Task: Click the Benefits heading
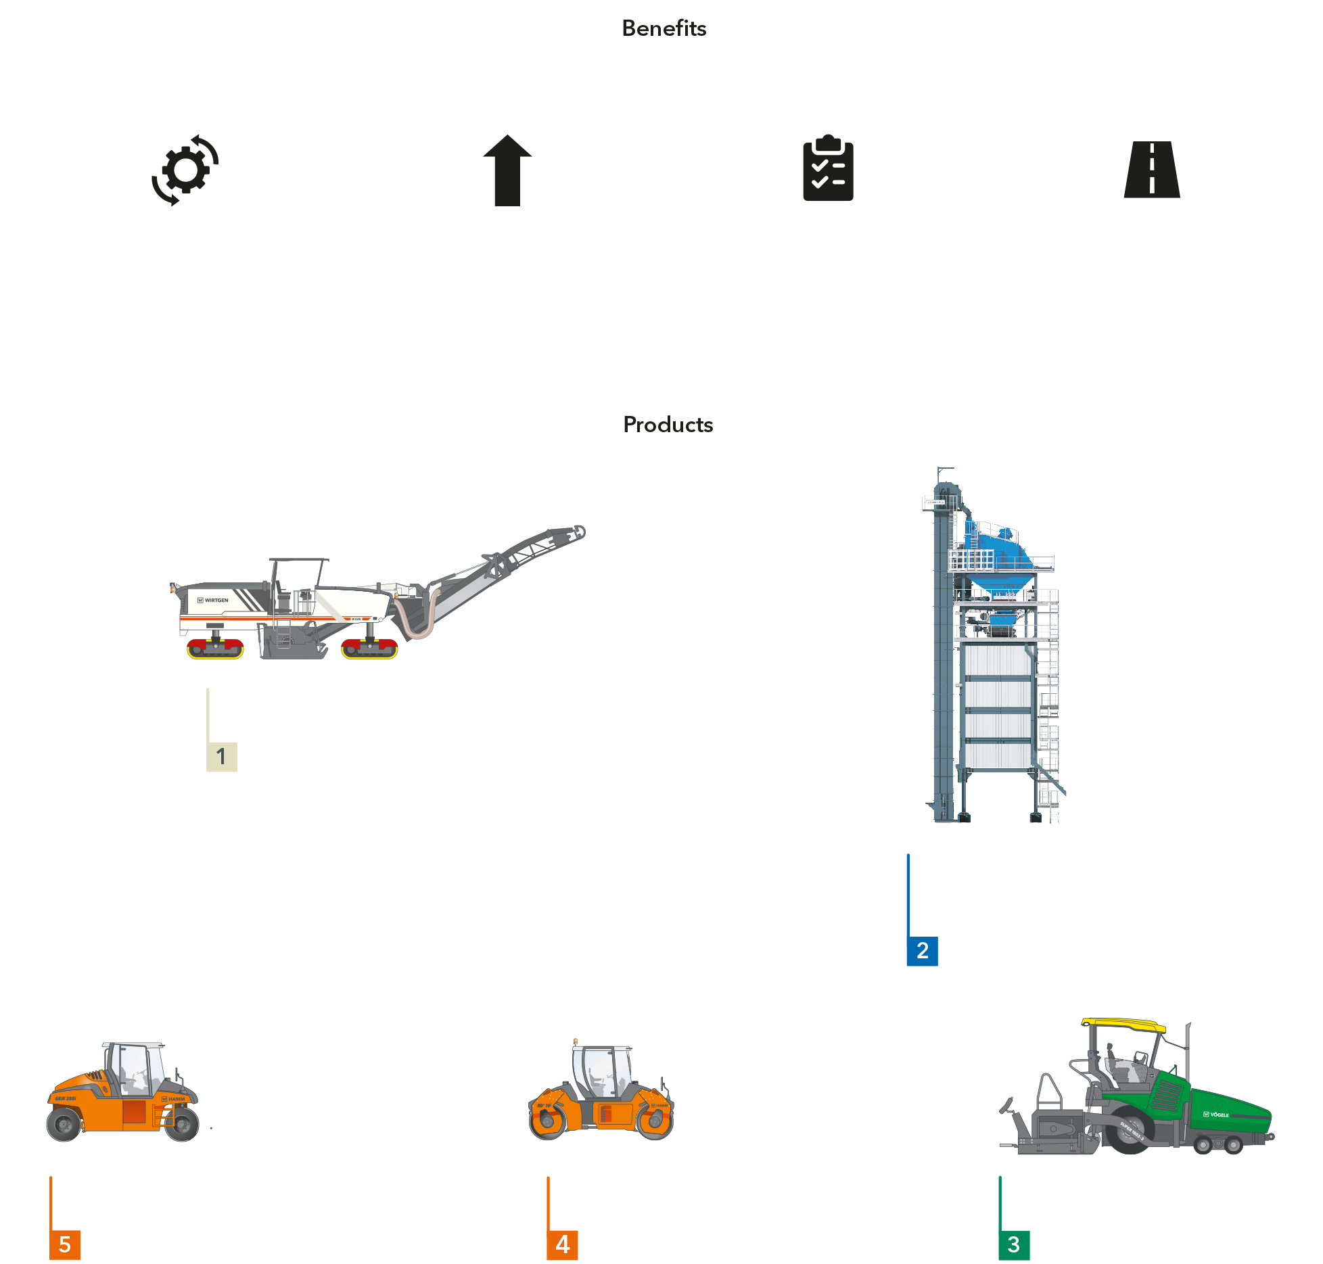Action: [x=664, y=28]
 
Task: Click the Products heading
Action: [x=668, y=425]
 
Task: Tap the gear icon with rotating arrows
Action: [x=185, y=170]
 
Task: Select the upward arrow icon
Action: [x=507, y=170]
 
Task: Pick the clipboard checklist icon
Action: [x=829, y=170]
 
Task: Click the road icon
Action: [x=1151, y=170]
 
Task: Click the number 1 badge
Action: [x=221, y=756]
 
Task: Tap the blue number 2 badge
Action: [x=922, y=951]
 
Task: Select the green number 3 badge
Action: [x=1013, y=1244]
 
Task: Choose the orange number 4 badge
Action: [x=562, y=1244]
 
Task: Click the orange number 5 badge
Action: [x=65, y=1244]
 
